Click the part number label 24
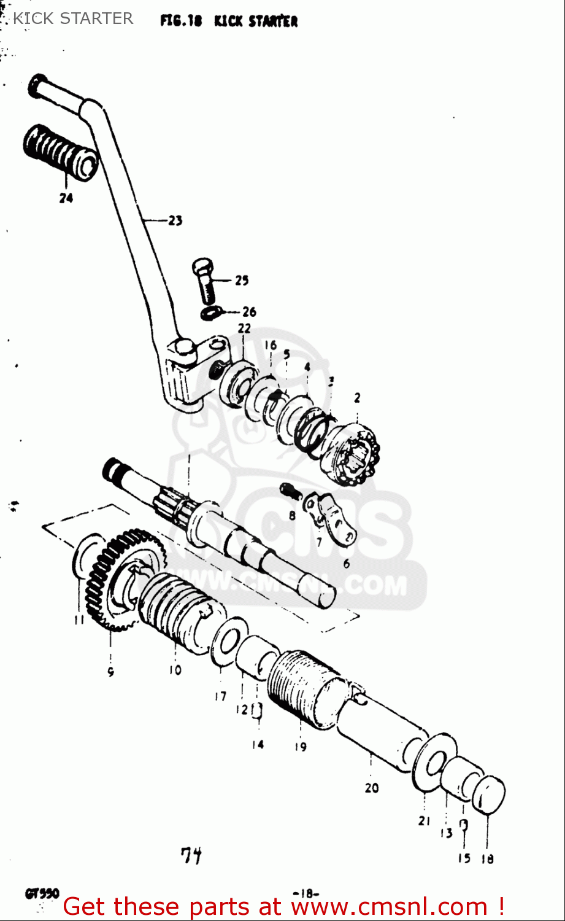[66, 198]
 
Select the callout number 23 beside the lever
[175, 220]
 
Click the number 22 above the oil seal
[244, 328]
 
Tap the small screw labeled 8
[290, 491]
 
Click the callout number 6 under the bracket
[347, 564]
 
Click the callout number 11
[79, 620]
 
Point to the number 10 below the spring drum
[175, 670]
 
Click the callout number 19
[300, 747]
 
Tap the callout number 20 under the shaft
[372, 787]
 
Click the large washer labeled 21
[434, 761]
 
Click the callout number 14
[258, 744]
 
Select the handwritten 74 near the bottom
[191, 855]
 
